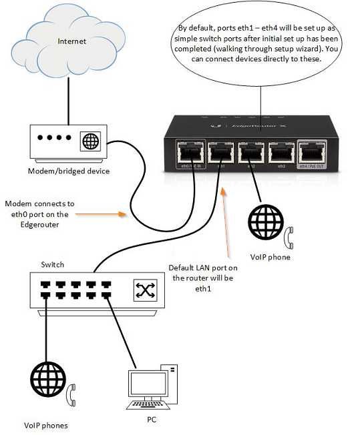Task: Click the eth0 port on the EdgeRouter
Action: tap(190, 153)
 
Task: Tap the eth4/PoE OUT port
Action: tap(312, 153)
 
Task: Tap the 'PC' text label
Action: tap(150, 422)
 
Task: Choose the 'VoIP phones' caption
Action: tap(45, 425)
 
